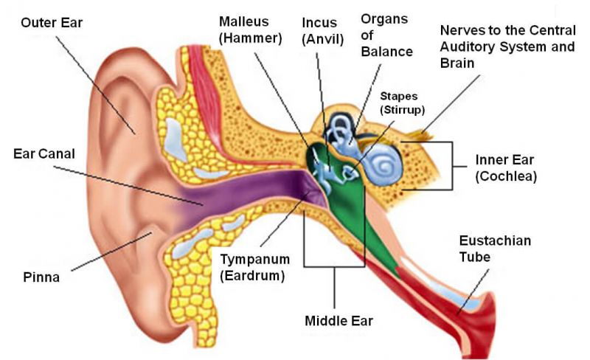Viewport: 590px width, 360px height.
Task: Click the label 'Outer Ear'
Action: (x=52, y=22)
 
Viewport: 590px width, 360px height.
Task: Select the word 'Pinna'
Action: (x=41, y=278)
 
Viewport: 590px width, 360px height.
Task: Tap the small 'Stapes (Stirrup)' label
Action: (x=403, y=103)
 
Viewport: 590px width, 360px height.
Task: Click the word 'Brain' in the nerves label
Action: (x=457, y=63)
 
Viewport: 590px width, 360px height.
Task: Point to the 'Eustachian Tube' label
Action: (x=495, y=249)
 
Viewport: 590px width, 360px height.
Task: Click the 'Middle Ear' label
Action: (x=339, y=321)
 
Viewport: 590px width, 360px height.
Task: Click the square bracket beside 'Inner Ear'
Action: (x=448, y=165)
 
